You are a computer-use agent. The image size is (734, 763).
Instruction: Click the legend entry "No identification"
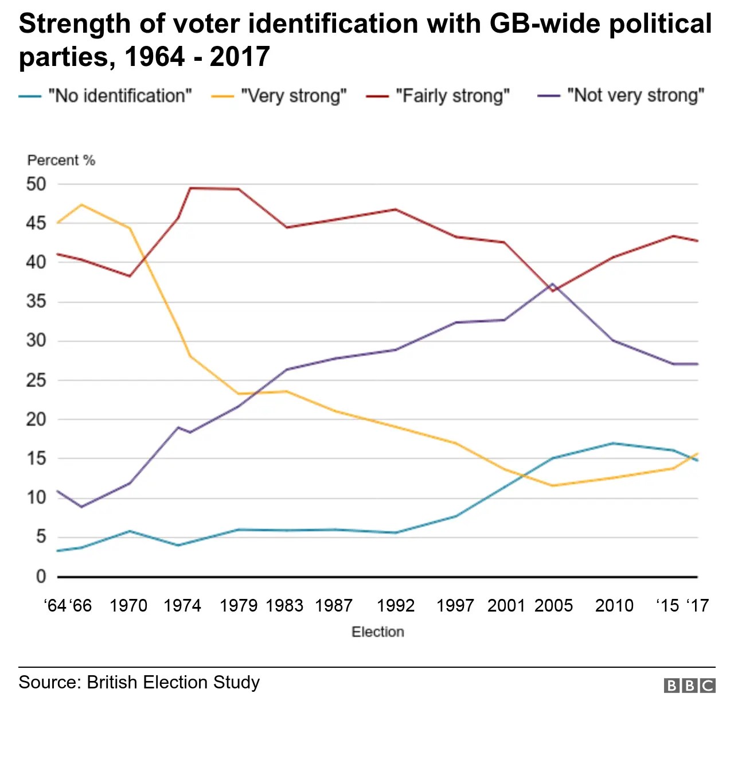pos(119,95)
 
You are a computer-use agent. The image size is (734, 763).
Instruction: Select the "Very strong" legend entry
pos(294,95)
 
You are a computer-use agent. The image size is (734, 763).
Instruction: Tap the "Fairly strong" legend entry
pos(452,95)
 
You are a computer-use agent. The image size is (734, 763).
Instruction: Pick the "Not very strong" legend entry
pos(635,95)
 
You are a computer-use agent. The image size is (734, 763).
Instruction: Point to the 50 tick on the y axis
pos(36,184)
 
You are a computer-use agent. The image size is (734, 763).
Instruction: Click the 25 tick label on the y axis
pos(36,380)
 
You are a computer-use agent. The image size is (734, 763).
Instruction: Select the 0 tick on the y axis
pos(41,576)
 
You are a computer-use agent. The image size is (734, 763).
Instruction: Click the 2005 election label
pos(553,605)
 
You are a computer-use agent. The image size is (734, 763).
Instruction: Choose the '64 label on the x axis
pos(56,605)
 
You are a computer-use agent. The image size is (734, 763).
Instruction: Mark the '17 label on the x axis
pos(698,605)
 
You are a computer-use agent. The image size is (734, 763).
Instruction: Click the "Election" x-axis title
pos(378,632)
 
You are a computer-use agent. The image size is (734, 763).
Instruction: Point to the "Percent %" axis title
pos(61,160)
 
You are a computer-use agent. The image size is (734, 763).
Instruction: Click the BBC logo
pos(689,686)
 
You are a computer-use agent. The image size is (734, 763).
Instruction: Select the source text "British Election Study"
pos(173,682)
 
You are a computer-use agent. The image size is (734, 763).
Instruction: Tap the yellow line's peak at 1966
pos(82,204)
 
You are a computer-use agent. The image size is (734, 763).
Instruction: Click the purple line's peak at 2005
pos(552,283)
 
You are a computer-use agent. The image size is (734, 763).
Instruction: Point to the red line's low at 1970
pos(130,276)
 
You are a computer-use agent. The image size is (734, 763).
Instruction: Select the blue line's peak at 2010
pos(614,443)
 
